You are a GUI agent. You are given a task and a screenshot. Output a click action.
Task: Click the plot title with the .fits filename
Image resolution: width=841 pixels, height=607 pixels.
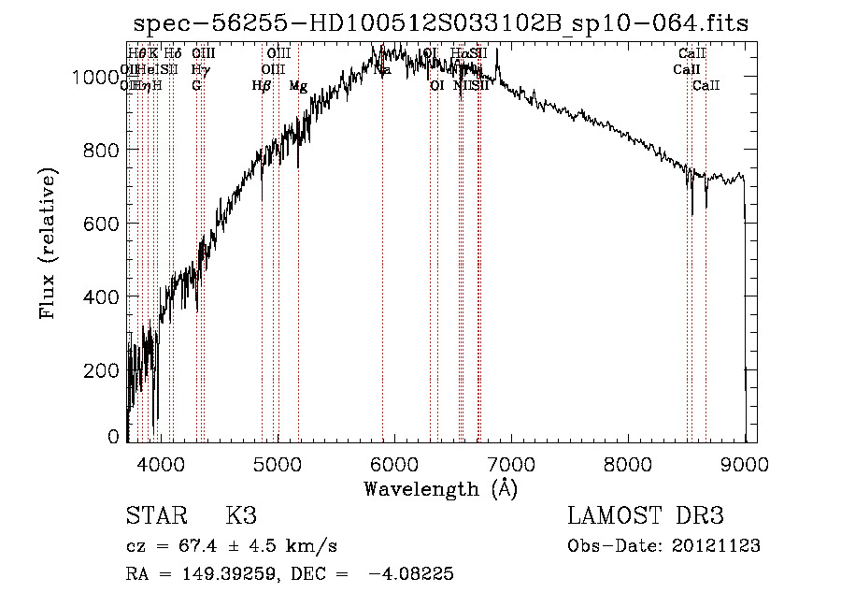tap(440, 23)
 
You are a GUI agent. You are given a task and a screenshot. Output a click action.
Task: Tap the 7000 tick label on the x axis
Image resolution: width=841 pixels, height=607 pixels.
tap(511, 463)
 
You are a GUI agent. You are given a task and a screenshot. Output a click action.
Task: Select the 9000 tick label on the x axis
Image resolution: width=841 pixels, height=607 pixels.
tap(745, 463)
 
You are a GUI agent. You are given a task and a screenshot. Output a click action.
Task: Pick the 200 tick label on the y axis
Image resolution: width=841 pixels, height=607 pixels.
tap(104, 369)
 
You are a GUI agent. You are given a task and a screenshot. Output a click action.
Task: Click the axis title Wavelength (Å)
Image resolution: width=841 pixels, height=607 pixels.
tap(440, 488)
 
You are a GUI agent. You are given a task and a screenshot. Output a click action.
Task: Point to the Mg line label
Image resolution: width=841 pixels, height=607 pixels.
tap(298, 86)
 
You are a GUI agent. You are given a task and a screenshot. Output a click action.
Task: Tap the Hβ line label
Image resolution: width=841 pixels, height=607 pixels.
tap(262, 86)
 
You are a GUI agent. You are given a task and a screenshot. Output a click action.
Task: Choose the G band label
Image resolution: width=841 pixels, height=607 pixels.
tap(196, 86)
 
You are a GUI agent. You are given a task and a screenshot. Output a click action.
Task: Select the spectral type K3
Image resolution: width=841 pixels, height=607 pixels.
tap(241, 516)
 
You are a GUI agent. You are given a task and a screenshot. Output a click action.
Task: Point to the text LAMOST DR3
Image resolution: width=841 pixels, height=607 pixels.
tap(646, 516)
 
